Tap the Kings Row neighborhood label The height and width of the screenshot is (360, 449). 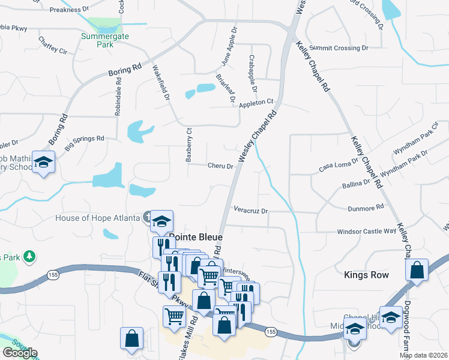[366, 275]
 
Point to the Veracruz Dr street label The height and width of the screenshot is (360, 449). [250, 211]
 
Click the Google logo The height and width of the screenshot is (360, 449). [20, 353]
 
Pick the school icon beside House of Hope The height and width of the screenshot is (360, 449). [161, 221]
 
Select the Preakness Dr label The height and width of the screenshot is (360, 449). [69, 10]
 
